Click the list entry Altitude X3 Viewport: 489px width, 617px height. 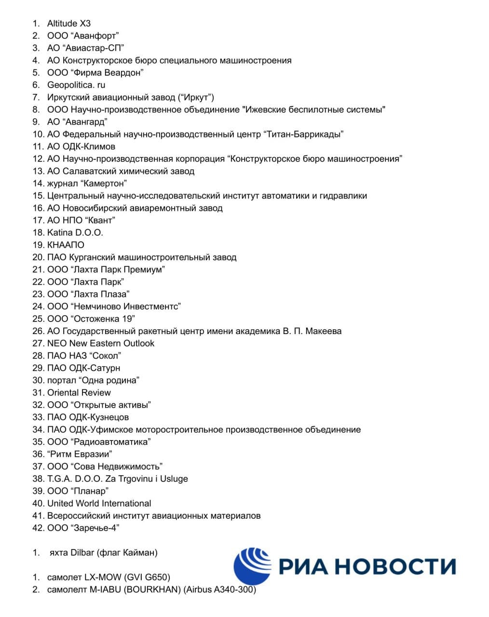(68, 23)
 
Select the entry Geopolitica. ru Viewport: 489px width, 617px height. (76, 85)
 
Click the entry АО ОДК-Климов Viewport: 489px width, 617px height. (81, 147)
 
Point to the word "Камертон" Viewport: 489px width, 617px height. (104, 183)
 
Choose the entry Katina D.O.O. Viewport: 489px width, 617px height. (75, 232)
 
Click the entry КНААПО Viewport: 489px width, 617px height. (66, 245)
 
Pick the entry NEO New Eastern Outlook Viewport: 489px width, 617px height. (100, 343)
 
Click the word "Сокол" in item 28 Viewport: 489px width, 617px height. (105, 356)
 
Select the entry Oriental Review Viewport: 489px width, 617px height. (79, 392)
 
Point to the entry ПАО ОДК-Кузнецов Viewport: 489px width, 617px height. (88, 417)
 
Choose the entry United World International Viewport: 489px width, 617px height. (99, 503)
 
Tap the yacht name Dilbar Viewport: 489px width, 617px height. (82, 552)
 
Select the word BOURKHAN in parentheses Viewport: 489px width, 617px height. (153, 590)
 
